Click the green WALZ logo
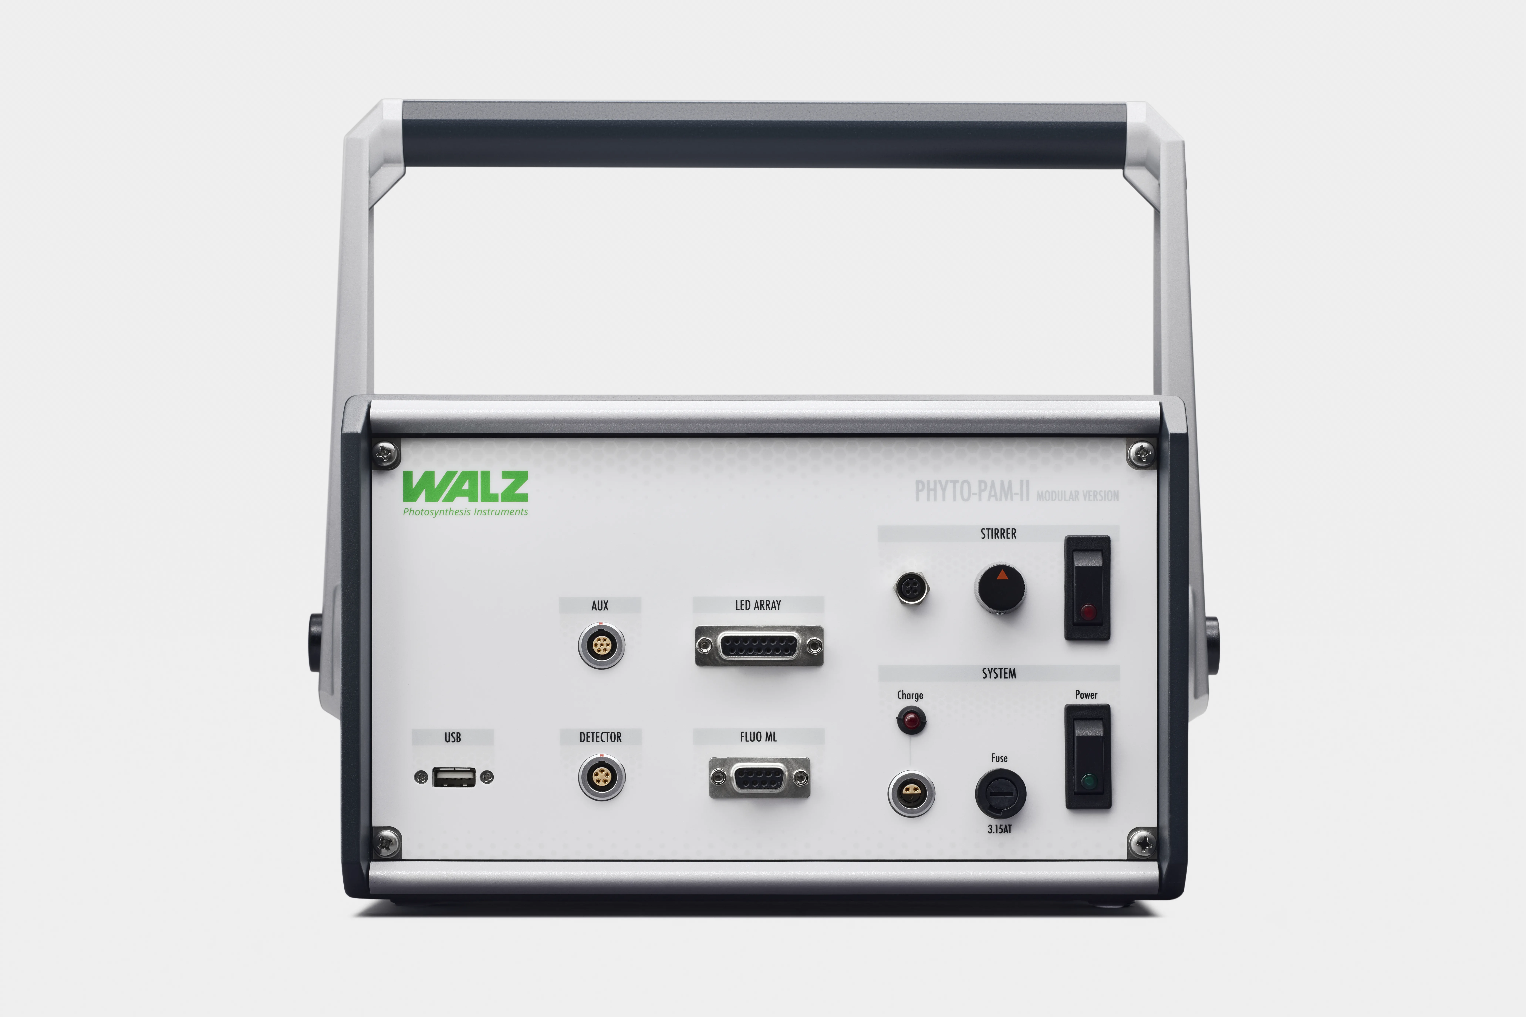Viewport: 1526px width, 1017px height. tap(465, 487)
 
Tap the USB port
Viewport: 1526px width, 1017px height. tap(453, 776)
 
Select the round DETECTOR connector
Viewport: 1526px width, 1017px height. tap(601, 777)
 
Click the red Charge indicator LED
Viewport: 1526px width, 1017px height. tap(911, 720)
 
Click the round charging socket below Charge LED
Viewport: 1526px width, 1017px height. tap(911, 793)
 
